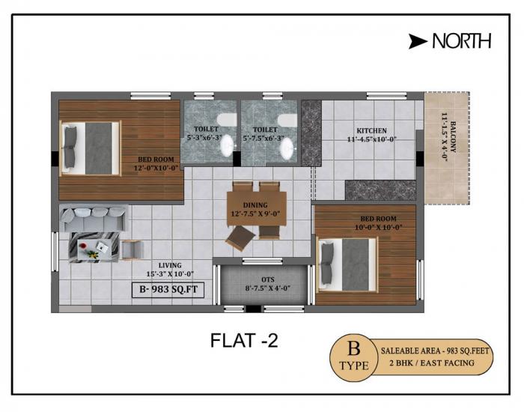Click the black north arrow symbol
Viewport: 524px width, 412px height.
pyautogui.click(x=418, y=42)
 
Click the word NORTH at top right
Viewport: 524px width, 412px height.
pyautogui.click(x=461, y=42)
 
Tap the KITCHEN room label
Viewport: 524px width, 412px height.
pyautogui.click(x=372, y=130)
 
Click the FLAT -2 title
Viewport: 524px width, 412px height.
pyautogui.click(x=243, y=341)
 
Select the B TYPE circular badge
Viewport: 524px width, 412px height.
pyautogui.click(x=354, y=358)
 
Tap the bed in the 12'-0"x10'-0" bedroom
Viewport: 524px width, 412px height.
pyautogui.click(x=91, y=148)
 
